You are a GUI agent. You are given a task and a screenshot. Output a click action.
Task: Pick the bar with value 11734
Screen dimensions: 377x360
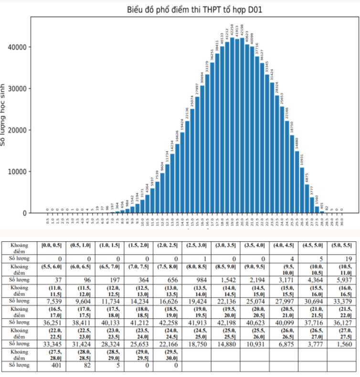[167, 189]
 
